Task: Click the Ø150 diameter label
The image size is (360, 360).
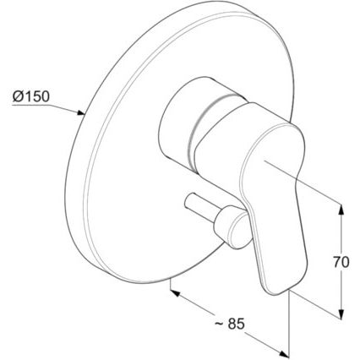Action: (31, 96)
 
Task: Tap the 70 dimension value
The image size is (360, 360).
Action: (341, 262)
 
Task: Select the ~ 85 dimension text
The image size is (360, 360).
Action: (230, 324)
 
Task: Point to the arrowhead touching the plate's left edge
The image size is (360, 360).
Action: (81, 112)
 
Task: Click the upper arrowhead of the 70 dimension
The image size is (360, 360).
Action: (341, 209)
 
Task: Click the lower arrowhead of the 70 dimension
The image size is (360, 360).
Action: (341, 314)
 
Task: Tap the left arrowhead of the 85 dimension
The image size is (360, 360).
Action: (175, 293)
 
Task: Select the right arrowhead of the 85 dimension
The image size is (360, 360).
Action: (284, 353)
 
